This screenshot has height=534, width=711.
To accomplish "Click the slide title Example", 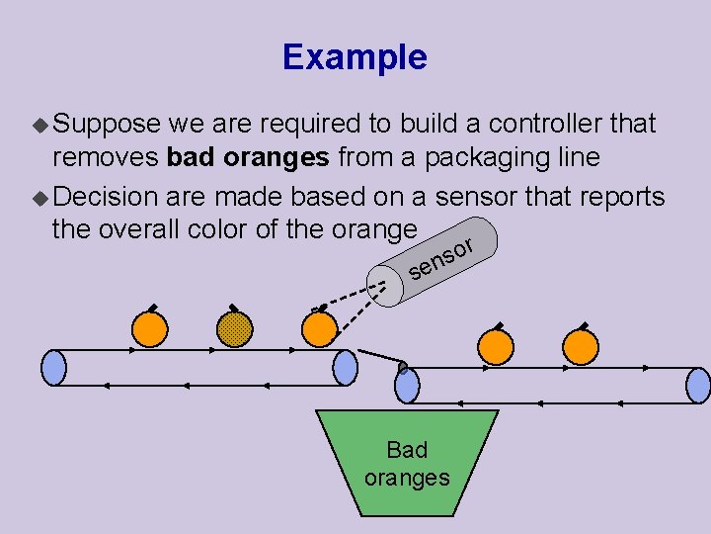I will (355, 56).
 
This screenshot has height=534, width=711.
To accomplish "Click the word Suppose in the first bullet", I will (106, 125).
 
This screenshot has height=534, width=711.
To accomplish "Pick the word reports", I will (616, 196).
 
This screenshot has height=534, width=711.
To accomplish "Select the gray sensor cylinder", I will (438, 261).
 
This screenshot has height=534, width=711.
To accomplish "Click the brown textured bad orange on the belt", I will (234, 329).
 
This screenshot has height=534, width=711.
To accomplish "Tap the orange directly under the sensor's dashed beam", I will (317, 329).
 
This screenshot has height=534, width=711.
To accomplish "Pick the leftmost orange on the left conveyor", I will (150, 329).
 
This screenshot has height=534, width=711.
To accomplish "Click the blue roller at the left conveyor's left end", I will (54, 368).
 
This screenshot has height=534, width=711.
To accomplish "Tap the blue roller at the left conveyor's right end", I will (346, 368).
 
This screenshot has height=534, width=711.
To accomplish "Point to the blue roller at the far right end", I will (697, 385).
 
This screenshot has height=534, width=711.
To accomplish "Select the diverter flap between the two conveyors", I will (381, 358).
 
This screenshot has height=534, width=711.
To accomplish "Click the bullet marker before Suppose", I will (39, 126).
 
